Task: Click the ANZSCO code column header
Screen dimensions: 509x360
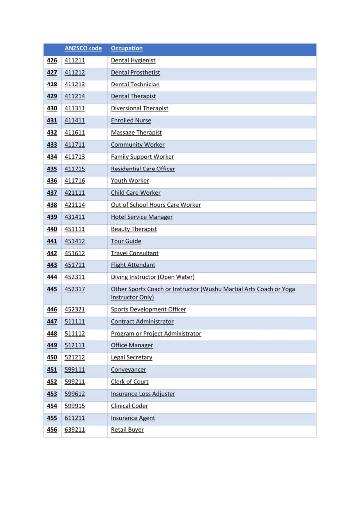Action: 83,49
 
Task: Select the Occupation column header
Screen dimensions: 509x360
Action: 127,49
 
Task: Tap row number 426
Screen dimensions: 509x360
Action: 52,61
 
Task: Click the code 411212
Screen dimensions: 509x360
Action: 75,73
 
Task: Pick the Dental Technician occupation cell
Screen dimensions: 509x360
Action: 135,85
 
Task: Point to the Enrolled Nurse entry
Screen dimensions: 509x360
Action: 131,121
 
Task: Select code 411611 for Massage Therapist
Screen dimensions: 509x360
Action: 75,133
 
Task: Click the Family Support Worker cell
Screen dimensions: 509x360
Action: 142,157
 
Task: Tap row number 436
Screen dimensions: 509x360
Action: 52,181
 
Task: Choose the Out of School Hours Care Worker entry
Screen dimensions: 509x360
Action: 156,205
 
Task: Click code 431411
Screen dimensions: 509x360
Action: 75,217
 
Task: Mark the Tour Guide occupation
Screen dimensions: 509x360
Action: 126,241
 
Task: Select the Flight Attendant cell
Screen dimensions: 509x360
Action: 133,265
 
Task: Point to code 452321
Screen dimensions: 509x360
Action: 75,310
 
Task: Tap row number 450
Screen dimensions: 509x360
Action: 52,358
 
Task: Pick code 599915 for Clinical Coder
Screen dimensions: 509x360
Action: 75,406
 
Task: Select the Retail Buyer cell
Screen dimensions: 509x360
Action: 127,430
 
